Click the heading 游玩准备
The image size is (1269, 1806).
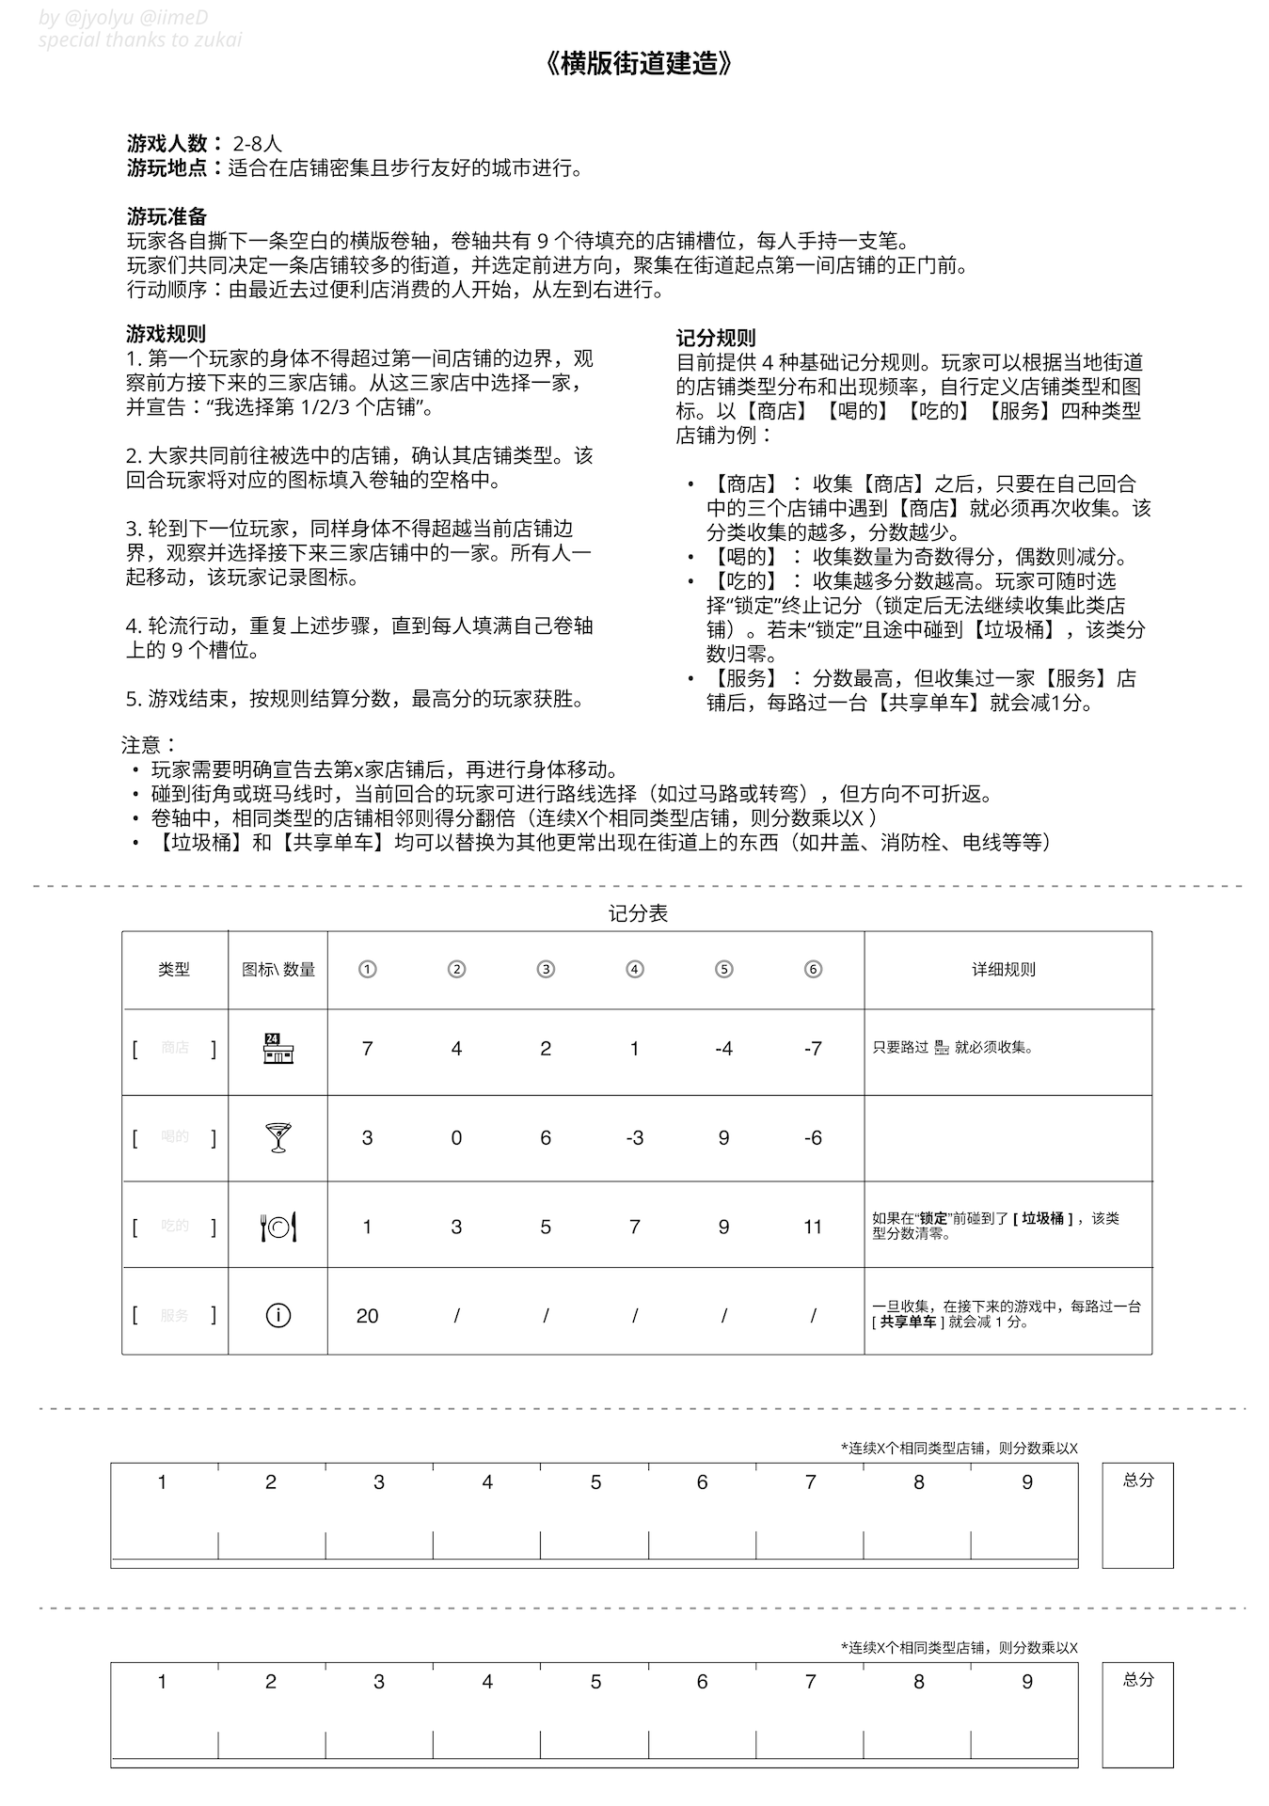point(167,216)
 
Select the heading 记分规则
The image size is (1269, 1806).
point(715,339)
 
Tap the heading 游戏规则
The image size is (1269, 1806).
point(166,334)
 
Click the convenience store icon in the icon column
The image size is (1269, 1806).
point(278,1048)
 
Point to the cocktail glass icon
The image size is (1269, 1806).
point(278,1137)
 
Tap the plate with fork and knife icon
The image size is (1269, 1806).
point(278,1227)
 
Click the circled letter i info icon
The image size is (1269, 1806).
point(278,1315)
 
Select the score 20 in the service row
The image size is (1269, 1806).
point(367,1316)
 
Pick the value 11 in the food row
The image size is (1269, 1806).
point(813,1227)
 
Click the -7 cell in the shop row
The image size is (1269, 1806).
point(813,1049)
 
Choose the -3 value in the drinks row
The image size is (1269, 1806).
point(634,1138)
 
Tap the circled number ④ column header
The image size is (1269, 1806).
point(635,969)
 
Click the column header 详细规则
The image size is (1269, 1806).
point(1004,969)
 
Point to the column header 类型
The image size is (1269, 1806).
point(174,969)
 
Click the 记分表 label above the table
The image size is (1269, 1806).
point(638,913)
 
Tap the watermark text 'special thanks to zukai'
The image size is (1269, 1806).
point(140,40)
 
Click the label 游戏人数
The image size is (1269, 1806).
point(167,144)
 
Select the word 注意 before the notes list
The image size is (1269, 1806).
point(141,746)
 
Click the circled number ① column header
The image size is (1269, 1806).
point(367,969)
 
